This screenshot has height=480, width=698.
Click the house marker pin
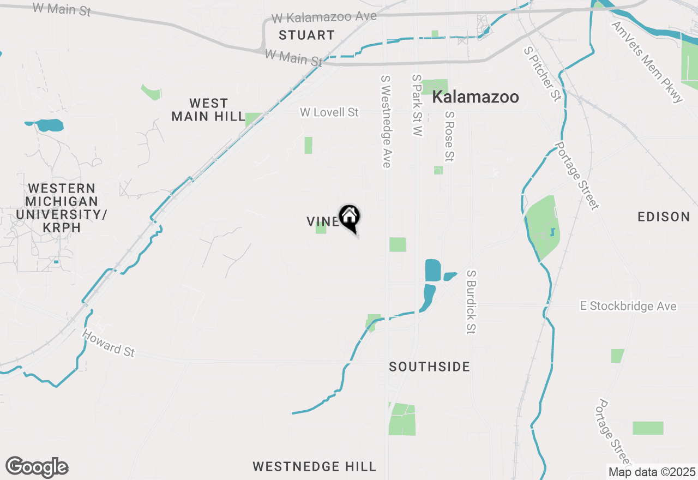tap(350, 217)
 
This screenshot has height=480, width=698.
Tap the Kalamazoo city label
tap(475, 98)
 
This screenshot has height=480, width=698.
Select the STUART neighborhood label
tap(306, 35)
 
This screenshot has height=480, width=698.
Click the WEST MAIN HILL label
tap(208, 110)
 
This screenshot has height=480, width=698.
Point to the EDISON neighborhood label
tap(664, 217)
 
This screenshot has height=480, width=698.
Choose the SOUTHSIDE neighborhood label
tap(429, 367)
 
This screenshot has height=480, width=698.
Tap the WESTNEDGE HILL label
tap(314, 466)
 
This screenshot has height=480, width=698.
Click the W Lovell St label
tap(329, 112)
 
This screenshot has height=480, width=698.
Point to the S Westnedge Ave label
tap(386, 121)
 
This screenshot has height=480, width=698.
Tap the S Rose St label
tap(449, 137)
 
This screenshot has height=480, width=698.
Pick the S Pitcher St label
tap(542, 74)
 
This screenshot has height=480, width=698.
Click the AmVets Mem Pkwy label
tap(647, 62)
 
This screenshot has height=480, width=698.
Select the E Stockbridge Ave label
tap(628, 307)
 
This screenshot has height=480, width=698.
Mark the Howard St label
tap(108, 343)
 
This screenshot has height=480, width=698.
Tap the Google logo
tap(37, 467)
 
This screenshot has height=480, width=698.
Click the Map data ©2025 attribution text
tap(652, 472)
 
